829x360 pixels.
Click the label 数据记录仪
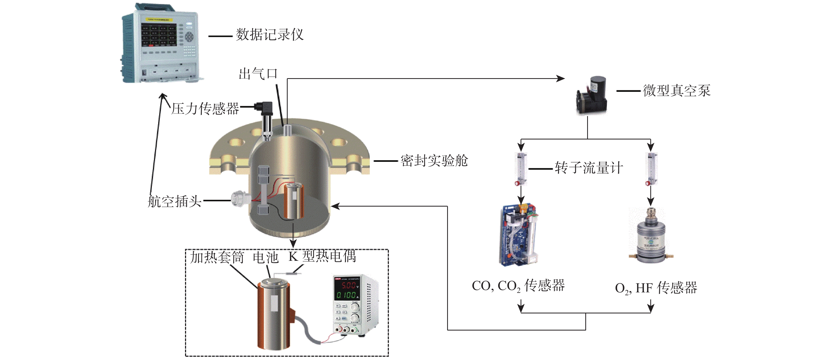pyautogui.click(x=270, y=35)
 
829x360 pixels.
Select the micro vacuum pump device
pyautogui.click(x=592, y=96)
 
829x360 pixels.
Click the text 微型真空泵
pyautogui.click(x=676, y=91)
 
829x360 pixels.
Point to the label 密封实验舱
pyautogui.click(x=434, y=161)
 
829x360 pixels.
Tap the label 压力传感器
pyautogui.click(x=205, y=108)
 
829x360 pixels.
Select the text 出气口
pyautogui.click(x=258, y=74)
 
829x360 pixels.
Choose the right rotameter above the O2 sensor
pyautogui.click(x=651, y=169)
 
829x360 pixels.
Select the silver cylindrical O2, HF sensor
pyautogui.click(x=651, y=237)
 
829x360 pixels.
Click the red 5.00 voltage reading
pyautogui.click(x=348, y=285)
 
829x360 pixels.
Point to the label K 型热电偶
pyautogui.click(x=322, y=256)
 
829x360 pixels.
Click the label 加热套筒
pyautogui.click(x=217, y=257)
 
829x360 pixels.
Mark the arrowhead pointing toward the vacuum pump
pyautogui.click(x=561, y=78)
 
